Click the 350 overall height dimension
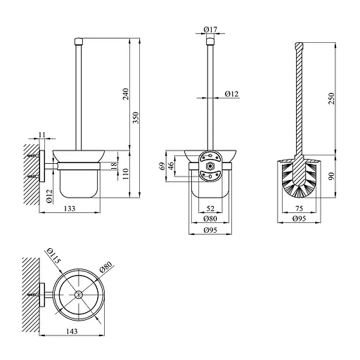pos(136,117)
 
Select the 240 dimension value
pos(126,94)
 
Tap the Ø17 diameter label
pos(210,30)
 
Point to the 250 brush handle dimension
pos(330,98)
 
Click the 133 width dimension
pos(70,208)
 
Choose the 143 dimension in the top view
pos(72,331)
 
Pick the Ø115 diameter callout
pos(53,256)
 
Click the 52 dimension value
pos(210,208)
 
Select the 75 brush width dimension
pos(300,208)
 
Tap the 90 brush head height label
pos(331,176)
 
